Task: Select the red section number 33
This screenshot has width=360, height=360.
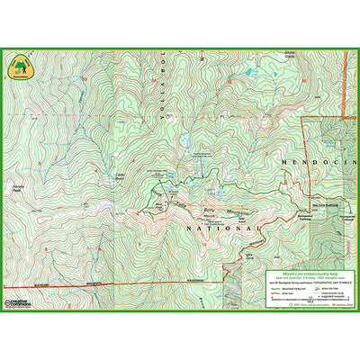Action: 85,80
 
